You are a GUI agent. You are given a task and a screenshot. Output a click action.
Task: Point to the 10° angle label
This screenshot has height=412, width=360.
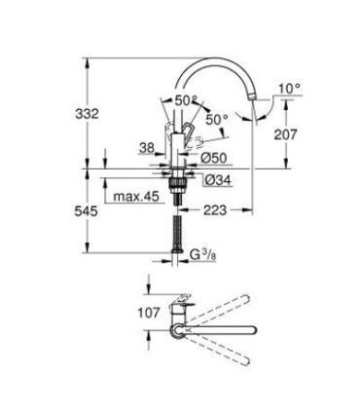pyautogui.click(x=289, y=88)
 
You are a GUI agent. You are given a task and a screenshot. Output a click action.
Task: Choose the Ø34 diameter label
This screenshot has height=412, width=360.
pyautogui.click(x=215, y=178)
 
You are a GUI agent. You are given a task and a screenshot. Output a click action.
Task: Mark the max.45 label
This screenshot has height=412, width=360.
pyautogui.click(x=135, y=198)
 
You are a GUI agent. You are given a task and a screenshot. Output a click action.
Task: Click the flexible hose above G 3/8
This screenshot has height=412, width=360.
pyautogui.click(x=177, y=235)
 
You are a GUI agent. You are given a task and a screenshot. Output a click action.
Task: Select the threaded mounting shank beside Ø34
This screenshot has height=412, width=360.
pyautogui.click(x=177, y=185)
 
